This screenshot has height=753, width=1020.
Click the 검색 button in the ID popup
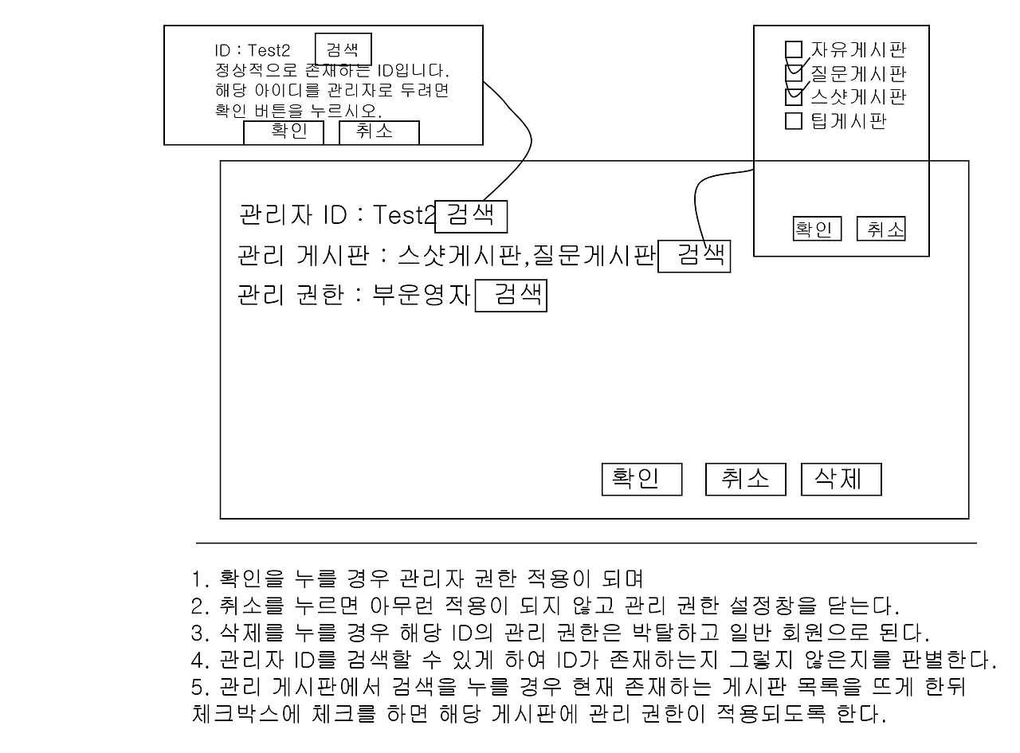[343, 48]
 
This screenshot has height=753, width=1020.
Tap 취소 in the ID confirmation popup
[379, 132]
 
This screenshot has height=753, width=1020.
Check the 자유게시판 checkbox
[794, 50]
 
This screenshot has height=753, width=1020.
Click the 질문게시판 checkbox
[794, 74]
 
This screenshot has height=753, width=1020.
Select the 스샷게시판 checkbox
[794, 97]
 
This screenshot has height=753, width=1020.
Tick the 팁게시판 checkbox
[794, 121]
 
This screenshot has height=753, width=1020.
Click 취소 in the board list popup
[881, 229]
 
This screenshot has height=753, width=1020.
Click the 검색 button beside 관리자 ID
[471, 215]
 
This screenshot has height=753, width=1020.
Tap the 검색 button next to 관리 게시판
[694, 256]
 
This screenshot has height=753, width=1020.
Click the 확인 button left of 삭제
[641, 479]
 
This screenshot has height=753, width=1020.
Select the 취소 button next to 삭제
[745, 479]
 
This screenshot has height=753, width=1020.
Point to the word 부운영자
[422, 296]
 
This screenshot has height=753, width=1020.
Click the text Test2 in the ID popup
[269, 52]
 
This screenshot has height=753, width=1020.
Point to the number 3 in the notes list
[198, 634]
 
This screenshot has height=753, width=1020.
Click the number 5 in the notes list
[198, 687]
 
